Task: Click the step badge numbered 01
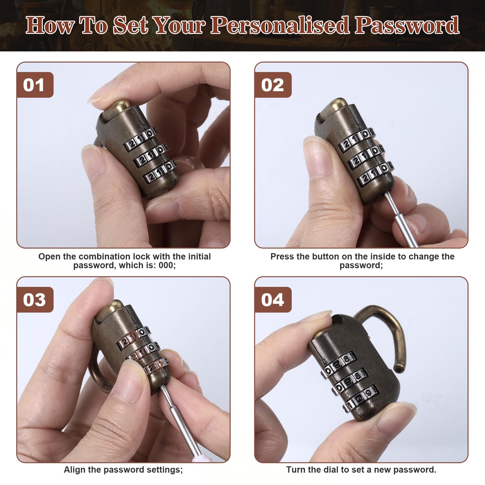point(35,84)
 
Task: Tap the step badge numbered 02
point(273,84)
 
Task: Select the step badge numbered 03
point(35,300)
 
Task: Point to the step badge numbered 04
point(273,300)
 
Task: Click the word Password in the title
point(407,25)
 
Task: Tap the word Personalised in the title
point(280,25)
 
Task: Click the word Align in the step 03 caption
point(75,470)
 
